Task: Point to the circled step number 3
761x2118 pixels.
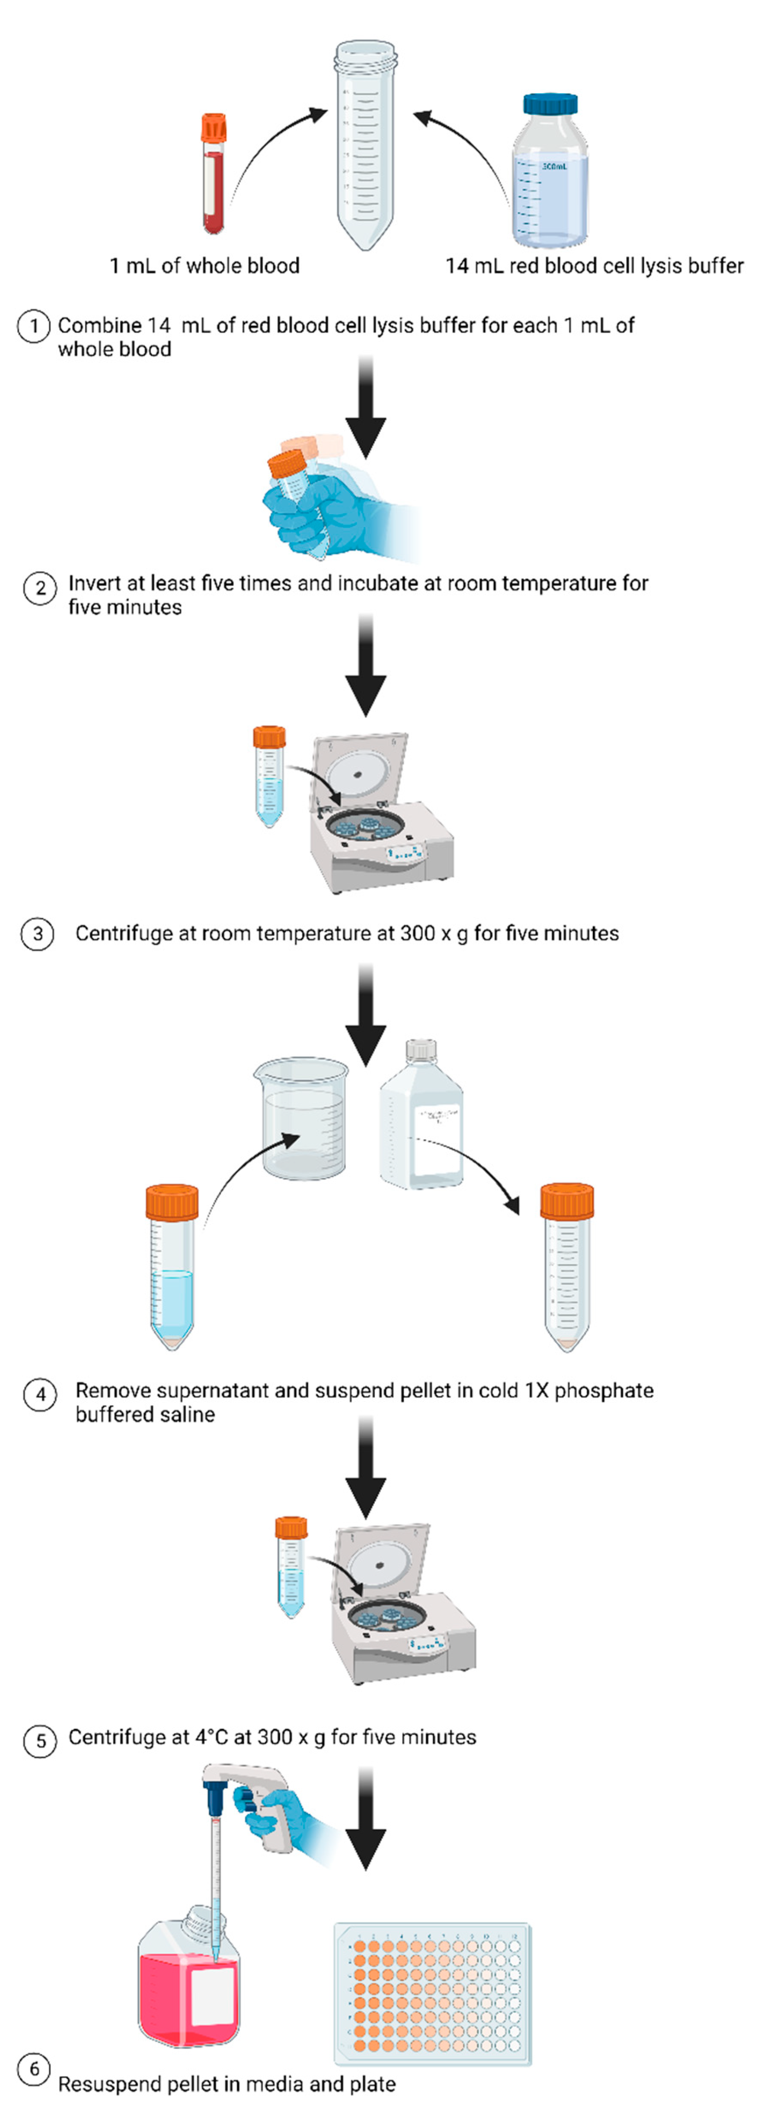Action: pos(37,935)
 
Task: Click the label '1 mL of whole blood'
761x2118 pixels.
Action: pos(204,265)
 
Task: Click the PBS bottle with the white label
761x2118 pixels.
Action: pos(421,1118)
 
